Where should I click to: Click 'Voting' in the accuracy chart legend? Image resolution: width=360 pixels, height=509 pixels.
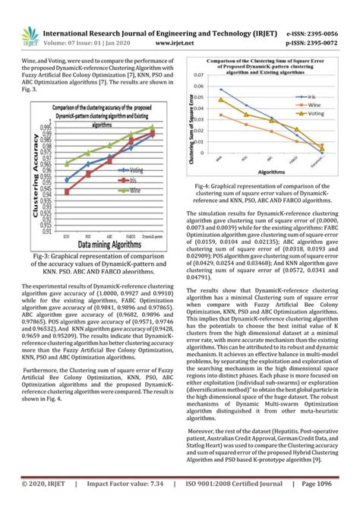point(136,169)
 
